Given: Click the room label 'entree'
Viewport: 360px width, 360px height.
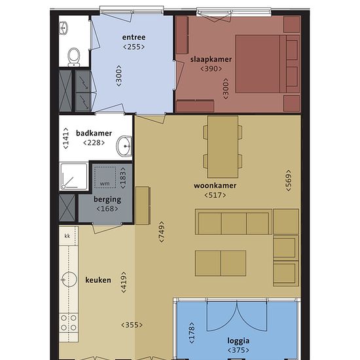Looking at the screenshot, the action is click(x=134, y=37).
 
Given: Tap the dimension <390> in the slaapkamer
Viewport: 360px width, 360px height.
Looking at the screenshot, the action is click(x=211, y=69).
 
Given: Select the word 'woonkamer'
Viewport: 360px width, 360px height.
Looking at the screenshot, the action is click(x=215, y=185).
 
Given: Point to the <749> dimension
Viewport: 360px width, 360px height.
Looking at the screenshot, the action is click(x=162, y=232).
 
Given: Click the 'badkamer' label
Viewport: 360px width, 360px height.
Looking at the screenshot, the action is click(x=94, y=133).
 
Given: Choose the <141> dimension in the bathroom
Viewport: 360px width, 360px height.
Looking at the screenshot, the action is click(x=65, y=138).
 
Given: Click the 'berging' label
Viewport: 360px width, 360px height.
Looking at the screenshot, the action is click(x=107, y=200).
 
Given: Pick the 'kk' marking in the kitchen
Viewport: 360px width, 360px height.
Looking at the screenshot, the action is click(x=67, y=236).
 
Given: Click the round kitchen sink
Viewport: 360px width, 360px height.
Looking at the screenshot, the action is click(x=69, y=279).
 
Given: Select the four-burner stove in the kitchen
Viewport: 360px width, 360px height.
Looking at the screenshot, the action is click(x=69, y=323).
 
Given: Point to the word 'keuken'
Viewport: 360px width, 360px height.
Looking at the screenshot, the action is click(x=98, y=280).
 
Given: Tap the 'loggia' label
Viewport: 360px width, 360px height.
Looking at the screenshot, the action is click(x=238, y=341).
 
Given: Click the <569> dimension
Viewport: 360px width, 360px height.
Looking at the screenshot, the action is click(x=289, y=181).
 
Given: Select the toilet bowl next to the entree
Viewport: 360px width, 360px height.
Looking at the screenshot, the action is click(x=74, y=57).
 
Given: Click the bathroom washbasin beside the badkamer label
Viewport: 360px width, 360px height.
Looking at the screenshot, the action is click(x=124, y=146).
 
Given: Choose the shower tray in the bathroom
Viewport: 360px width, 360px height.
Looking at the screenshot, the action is click(x=73, y=176).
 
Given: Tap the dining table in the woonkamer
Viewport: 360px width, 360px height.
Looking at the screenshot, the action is click(x=223, y=147).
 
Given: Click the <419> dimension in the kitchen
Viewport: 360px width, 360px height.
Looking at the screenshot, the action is click(x=124, y=282).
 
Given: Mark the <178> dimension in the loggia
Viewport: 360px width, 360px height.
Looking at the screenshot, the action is click(x=192, y=333).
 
